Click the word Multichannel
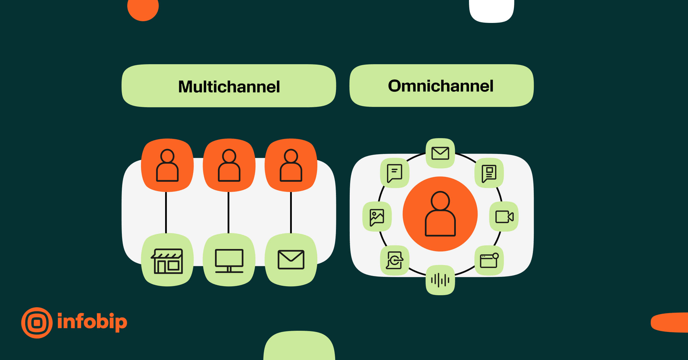click(229, 87)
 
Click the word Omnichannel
click(441, 86)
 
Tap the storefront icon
click(167, 261)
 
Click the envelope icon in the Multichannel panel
click(291, 260)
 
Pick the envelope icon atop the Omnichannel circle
click(440, 153)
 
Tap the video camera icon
click(504, 216)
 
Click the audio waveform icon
click(440, 280)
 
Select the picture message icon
click(377, 217)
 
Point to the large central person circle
click(440, 214)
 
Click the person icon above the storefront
click(167, 165)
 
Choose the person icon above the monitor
click(229, 165)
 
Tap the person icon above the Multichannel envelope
click(291, 165)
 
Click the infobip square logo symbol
click(37, 323)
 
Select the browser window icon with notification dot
click(489, 260)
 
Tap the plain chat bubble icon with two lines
click(394, 173)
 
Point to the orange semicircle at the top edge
click(143, 9)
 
